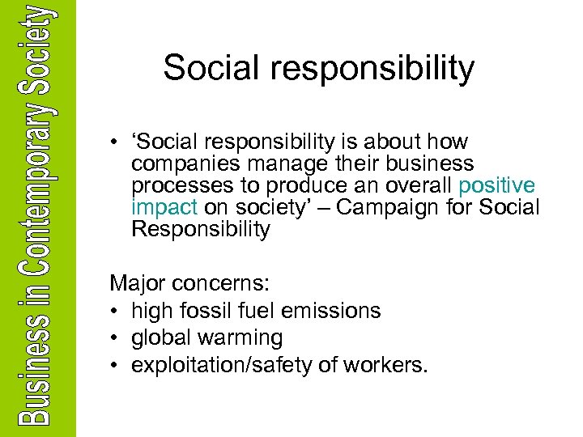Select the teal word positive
496,186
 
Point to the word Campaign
392,207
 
